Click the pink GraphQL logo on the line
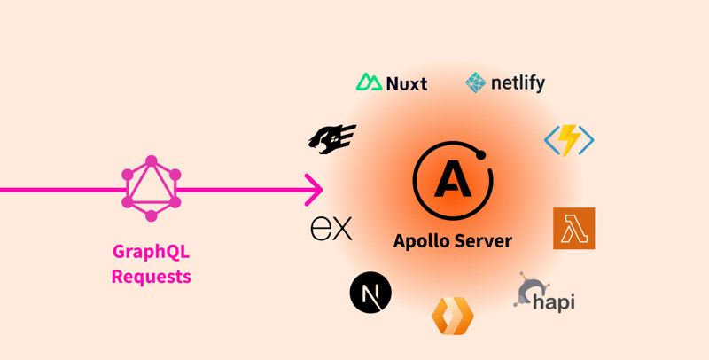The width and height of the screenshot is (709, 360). coord(152,189)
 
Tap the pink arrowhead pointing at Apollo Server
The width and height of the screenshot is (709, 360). coord(314,189)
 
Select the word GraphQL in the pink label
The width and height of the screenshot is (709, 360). coord(151,252)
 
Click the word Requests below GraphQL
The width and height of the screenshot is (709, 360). coord(151,276)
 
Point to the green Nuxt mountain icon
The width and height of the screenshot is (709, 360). coord(369,82)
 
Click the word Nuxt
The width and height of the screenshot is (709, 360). coord(407,84)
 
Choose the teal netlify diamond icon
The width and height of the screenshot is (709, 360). coord(476,82)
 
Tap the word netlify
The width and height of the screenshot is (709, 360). coord(518,84)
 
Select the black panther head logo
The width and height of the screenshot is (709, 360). coord(331,139)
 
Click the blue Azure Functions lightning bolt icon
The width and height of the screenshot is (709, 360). coord(569,140)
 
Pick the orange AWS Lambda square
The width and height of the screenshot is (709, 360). coord(573,229)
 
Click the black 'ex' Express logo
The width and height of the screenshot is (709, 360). coord(331,229)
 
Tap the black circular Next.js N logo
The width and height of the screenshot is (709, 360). coord(370,293)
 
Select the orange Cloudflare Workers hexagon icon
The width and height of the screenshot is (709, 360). coord(452,316)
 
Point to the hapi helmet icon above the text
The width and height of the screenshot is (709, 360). coord(528,290)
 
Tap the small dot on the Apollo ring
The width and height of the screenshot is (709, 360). coord(481,155)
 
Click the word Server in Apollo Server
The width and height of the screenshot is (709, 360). coord(483,239)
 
